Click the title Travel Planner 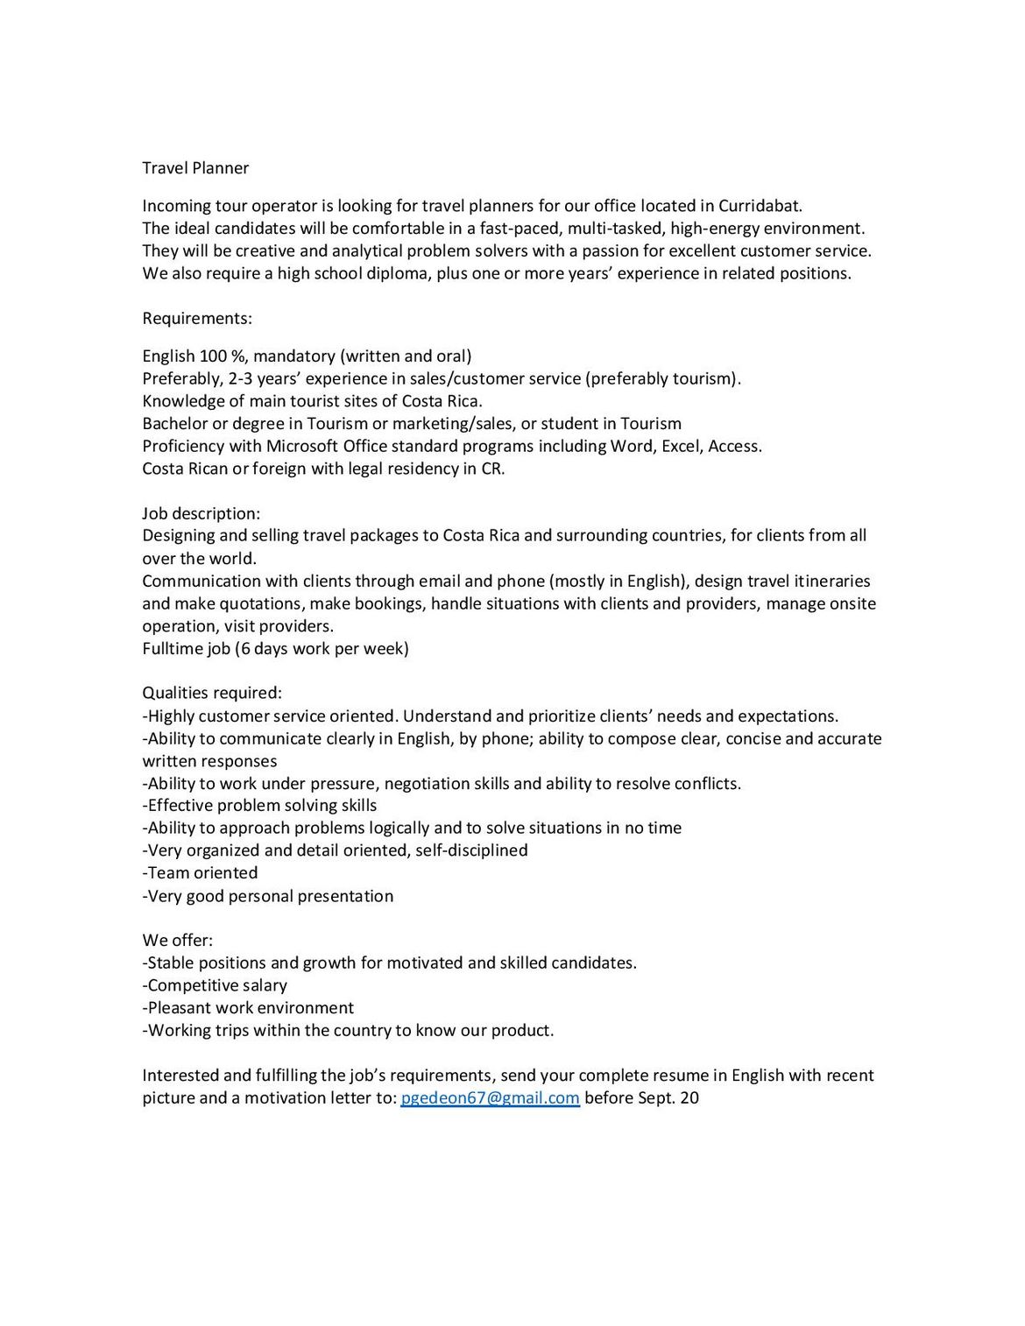(195, 167)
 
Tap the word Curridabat (759, 206)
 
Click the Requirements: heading (197, 317)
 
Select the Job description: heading (201, 513)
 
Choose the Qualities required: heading (212, 693)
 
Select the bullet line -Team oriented (200, 872)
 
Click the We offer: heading (178, 940)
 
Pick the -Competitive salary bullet (215, 985)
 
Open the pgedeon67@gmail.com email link (490, 1097)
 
